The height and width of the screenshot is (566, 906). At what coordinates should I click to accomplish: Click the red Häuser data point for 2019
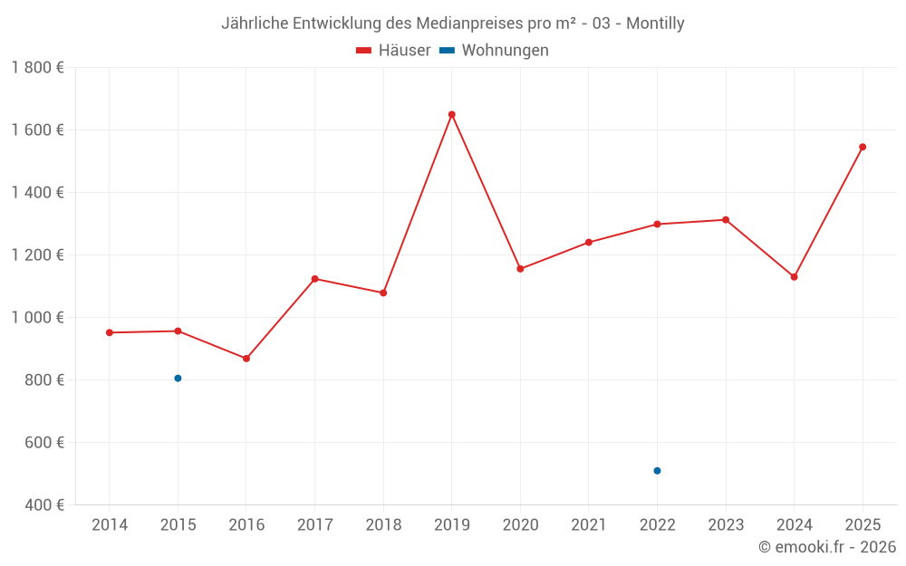(x=451, y=115)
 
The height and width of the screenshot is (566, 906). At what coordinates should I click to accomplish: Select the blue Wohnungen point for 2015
(x=178, y=379)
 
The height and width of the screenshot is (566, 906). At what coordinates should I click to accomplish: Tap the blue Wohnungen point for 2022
(x=657, y=471)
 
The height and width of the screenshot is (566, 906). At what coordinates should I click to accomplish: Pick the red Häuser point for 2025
(x=863, y=147)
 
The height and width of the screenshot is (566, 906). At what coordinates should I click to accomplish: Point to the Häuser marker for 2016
(x=246, y=359)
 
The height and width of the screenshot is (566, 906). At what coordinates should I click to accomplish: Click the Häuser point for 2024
(x=794, y=277)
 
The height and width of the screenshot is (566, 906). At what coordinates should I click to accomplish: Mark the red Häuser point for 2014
(x=110, y=332)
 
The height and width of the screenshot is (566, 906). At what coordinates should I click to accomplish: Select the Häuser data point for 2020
(x=520, y=269)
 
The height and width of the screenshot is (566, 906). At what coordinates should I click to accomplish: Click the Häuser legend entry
(x=393, y=51)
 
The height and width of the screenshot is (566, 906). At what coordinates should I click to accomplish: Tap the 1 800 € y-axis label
(x=37, y=68)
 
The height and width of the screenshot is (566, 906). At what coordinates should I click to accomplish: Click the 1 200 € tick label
(x=37, y=255)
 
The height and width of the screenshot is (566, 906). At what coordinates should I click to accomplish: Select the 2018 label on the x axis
(x=383, y=525)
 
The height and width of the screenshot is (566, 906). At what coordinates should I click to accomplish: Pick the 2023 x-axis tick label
(x=726, y=525)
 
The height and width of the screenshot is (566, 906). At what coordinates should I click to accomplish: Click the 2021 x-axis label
(x=589, y=525)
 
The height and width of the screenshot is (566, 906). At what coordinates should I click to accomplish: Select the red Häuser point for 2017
(x=314, y=279)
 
